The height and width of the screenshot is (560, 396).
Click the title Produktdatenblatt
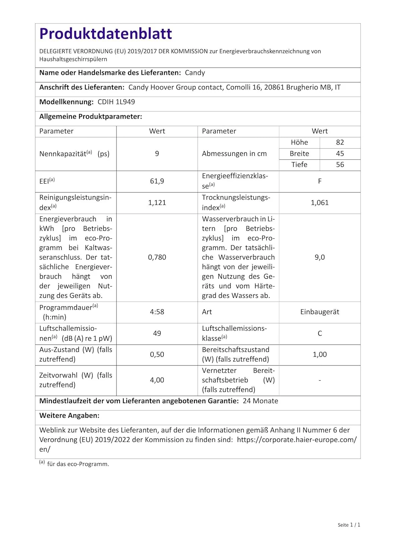click(106, 34)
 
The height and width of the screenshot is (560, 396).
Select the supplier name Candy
click(195, 73)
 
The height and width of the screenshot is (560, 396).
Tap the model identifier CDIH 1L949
click(116, 102)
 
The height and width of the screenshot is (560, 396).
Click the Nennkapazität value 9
click(157, 154)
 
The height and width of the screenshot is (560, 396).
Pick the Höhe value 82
click(340, 143)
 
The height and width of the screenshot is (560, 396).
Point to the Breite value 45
click(340, 154)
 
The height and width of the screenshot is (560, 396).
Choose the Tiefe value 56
click(340, 165)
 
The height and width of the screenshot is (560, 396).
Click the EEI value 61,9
click(157, 181)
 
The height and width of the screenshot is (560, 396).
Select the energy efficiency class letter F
click(319, 181)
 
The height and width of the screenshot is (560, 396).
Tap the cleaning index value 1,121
click(157, 203)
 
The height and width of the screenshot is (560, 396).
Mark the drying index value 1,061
click(319, 203)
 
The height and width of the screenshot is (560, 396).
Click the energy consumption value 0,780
click(157, 257)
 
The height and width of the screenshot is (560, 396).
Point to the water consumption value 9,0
click(319, 257)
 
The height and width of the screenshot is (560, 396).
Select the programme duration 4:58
click(157, 312)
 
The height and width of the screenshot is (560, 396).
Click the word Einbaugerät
click(319, 312)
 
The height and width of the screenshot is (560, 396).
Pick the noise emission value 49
click(157, 333)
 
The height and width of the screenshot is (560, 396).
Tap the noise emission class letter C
click(319, 333)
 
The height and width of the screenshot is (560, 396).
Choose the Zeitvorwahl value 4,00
click(157, 380)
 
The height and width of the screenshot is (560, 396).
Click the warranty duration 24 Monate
click(260, 401)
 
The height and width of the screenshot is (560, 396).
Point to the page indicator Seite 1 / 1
click(349, 525)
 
